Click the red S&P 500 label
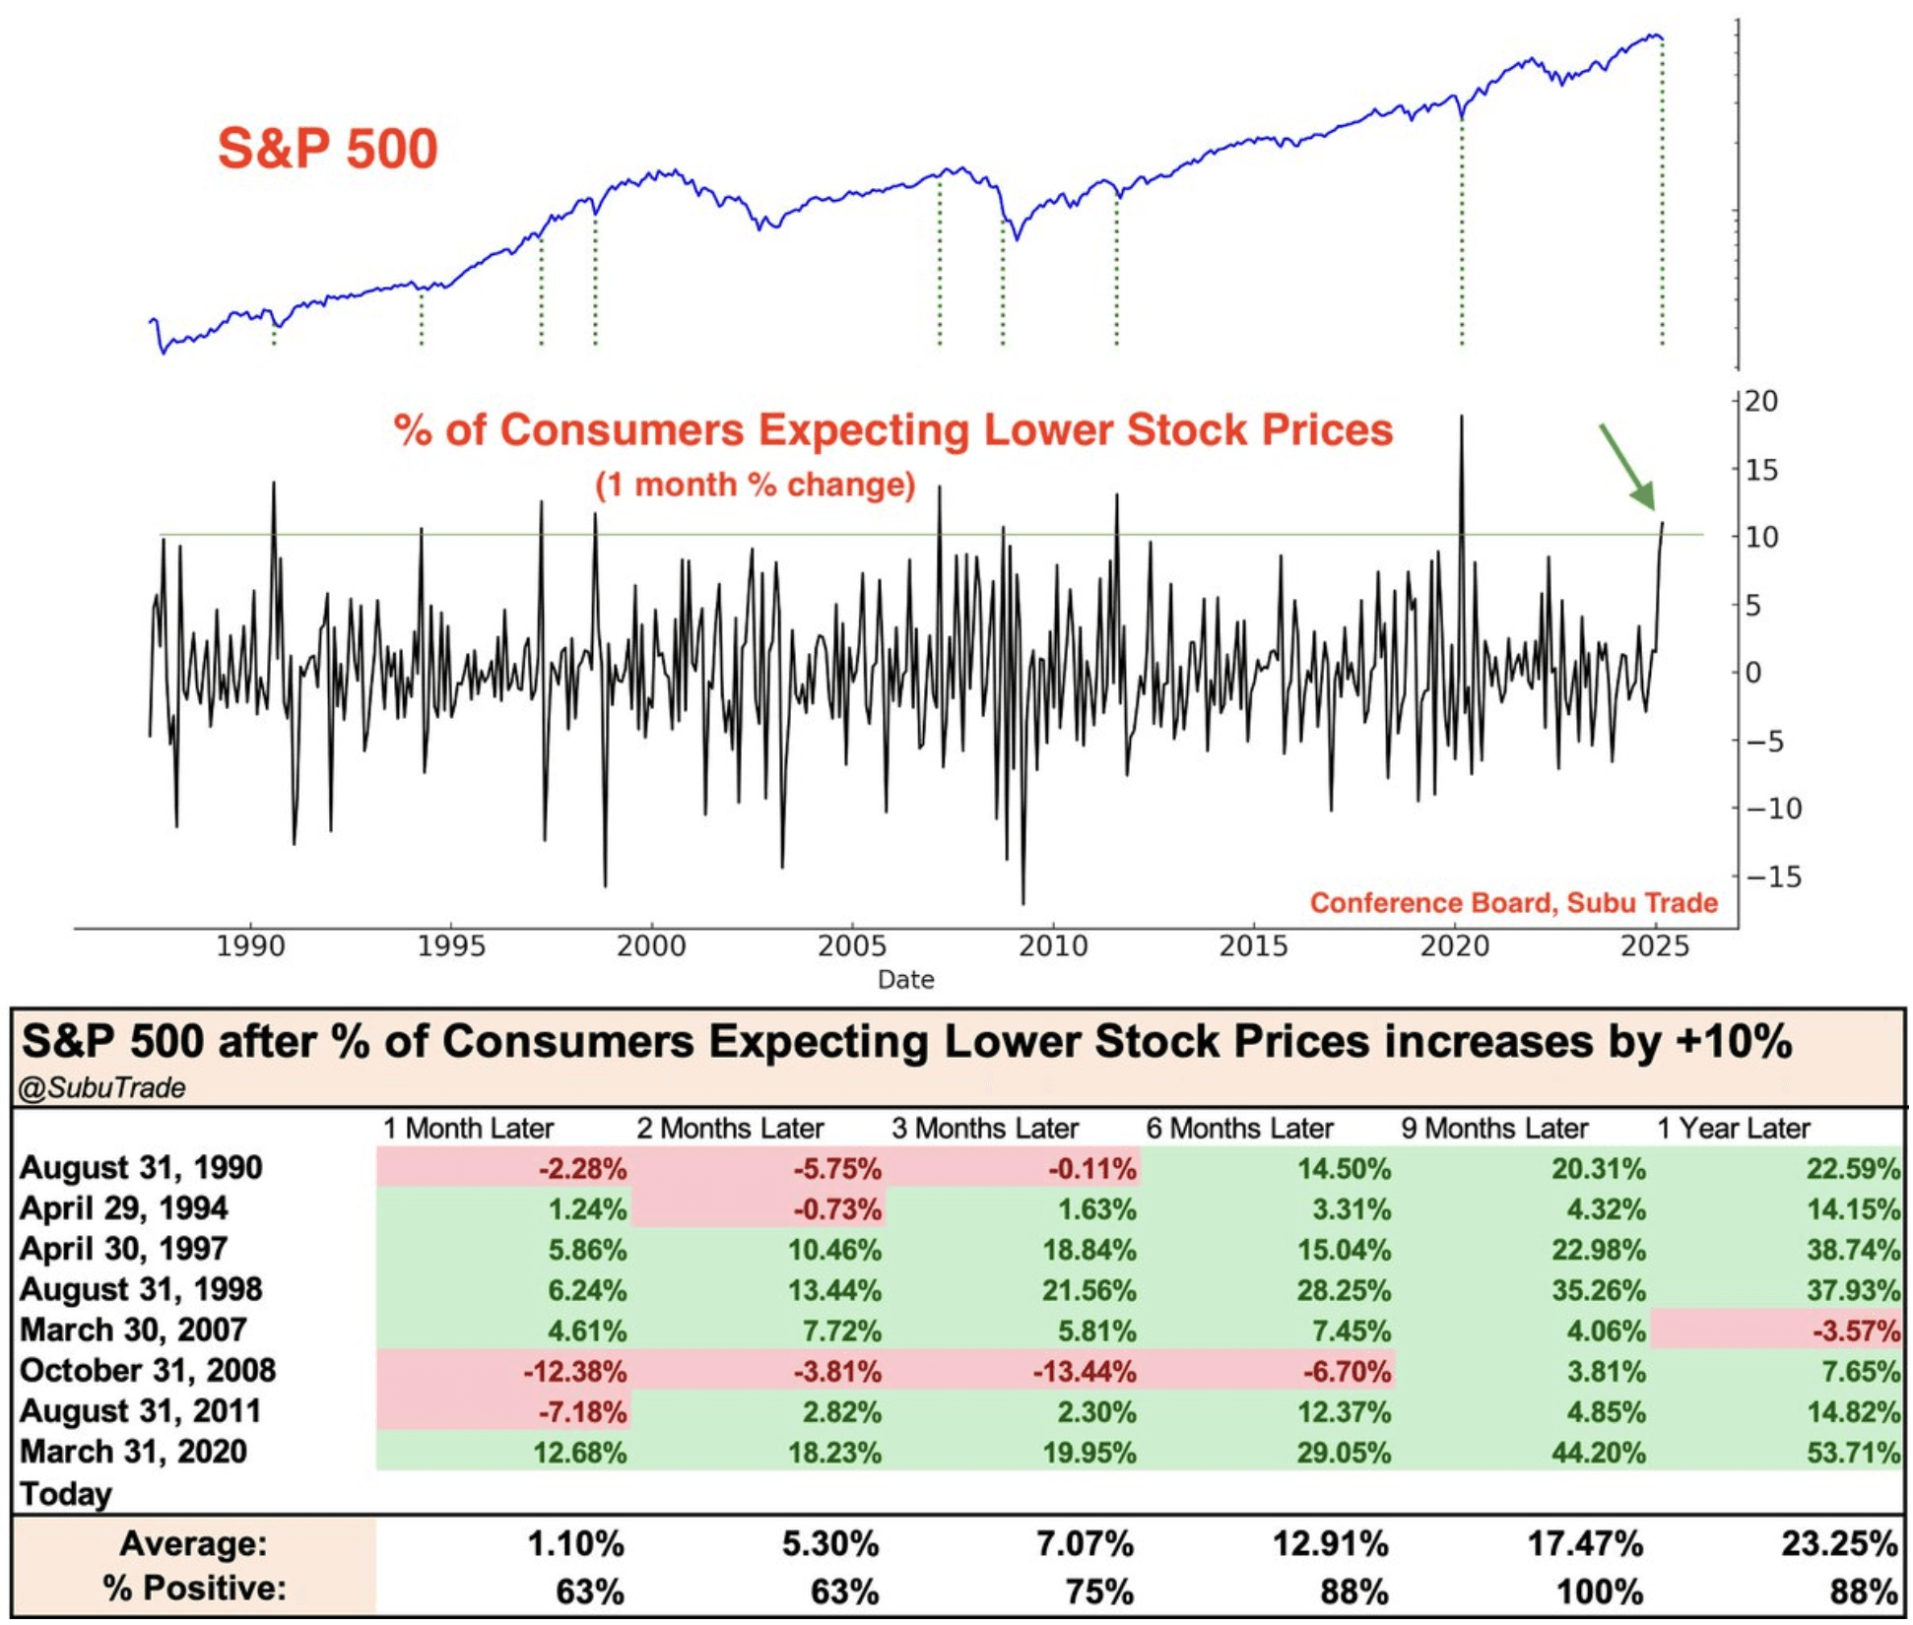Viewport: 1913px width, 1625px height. click(327, 149)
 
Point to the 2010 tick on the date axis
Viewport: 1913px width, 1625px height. click(1053, 946)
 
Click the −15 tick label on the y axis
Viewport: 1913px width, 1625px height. click(1773, 877)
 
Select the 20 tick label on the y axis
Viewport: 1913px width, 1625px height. click(1761, 402)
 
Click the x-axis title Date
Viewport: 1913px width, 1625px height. click(905, 980)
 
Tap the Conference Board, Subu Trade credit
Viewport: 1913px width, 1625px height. click(1513, 903)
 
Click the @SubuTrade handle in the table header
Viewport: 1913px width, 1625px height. click(102, 1087)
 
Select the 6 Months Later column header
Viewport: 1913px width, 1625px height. click(1239, 1129)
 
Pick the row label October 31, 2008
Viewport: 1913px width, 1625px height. click(148, 1371)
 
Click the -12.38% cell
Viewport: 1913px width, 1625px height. click(575, 1372)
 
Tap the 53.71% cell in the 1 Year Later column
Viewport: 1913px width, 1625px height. click(1852, 1453)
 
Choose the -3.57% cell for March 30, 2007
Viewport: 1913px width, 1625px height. click(1856, 1332)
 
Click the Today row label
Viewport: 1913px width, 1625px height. click(66, 1494)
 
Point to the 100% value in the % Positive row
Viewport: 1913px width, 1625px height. click(1600, 1592)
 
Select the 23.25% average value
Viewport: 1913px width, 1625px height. click(1838, 1544)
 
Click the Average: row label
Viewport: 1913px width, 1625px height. click(193, 1544)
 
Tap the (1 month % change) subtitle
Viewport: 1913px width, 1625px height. click(755, 485)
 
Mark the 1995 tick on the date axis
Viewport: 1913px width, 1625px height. click(451, 946)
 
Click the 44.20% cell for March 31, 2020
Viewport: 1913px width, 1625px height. click(1598, 1453)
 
